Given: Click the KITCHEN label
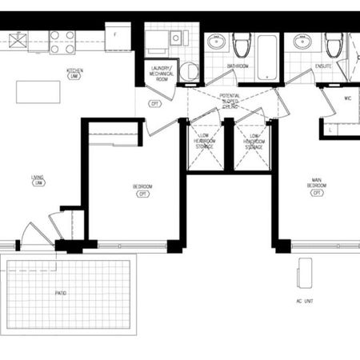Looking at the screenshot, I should click(76, 71).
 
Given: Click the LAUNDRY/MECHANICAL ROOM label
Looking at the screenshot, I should click(162, 73).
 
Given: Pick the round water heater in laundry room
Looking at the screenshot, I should click(190, 71).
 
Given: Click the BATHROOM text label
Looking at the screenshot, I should click(237, 66).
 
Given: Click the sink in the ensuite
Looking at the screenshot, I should click(302, 43).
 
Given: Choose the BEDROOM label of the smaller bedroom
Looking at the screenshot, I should click(142, 190).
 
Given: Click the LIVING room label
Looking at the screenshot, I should click(37, 180).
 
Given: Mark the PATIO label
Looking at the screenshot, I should click(61, 293).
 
